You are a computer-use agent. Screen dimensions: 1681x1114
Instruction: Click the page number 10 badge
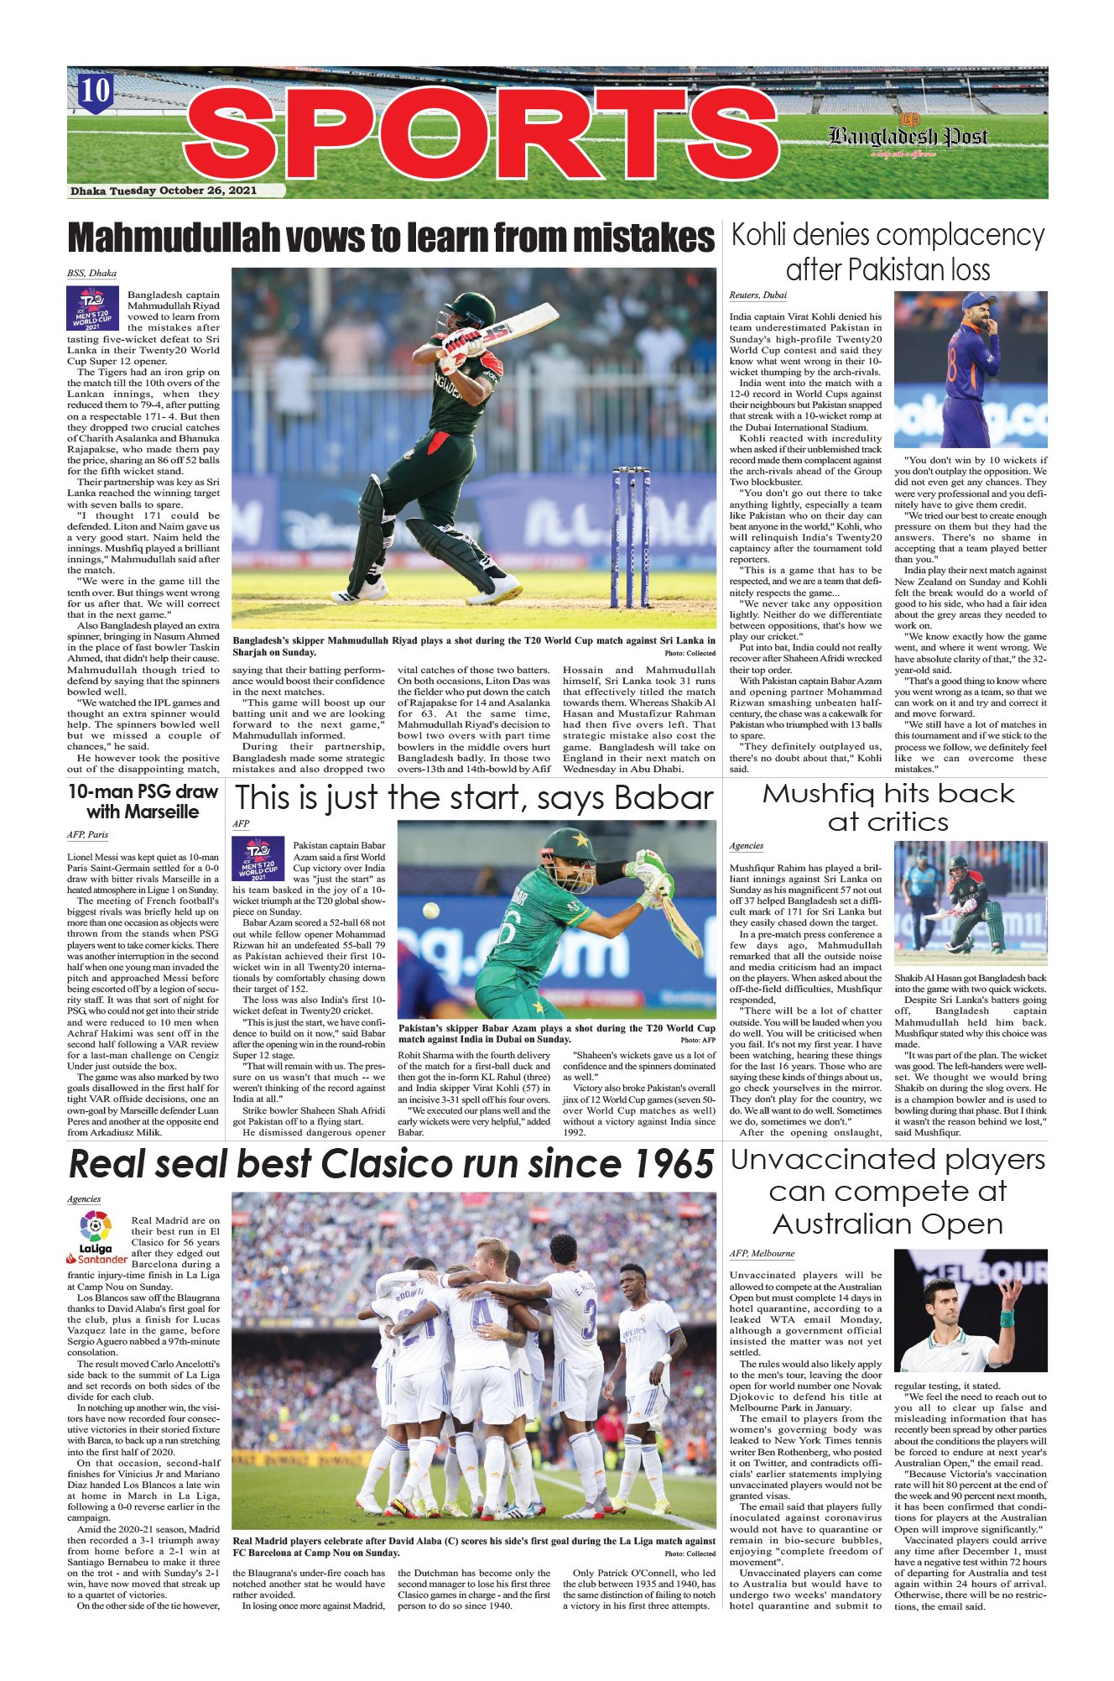96,90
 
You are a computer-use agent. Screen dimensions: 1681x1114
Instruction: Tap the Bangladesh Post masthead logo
908,135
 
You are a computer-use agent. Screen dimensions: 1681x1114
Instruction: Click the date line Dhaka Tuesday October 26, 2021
164,191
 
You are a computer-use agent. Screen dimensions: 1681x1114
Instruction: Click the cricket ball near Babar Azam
430,910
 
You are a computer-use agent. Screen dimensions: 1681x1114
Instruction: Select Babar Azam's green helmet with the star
570,847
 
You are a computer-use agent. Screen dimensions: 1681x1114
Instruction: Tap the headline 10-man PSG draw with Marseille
143,801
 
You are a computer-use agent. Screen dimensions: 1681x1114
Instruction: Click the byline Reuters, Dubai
757,295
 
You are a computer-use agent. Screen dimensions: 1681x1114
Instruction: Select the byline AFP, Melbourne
761,1253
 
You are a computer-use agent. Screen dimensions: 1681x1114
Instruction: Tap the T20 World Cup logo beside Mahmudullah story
94,308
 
